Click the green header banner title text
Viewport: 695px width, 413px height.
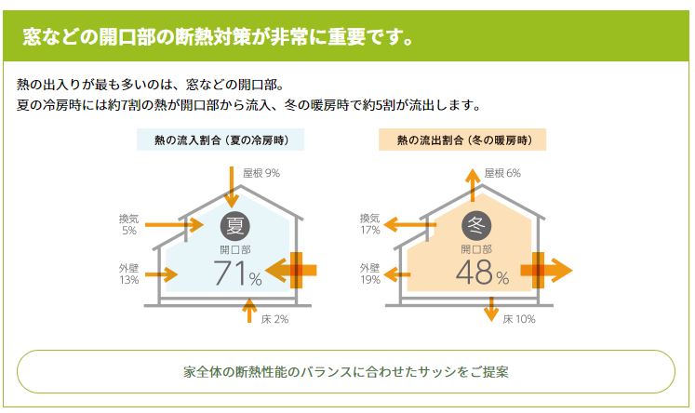click(218, 38)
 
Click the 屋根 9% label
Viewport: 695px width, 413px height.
click(261, 173)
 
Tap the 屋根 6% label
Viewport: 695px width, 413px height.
click(502, 173)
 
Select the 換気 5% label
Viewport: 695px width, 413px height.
click(128, 223)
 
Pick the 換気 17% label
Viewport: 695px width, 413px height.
click(369, 223)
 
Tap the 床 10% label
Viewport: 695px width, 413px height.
click(519, 319)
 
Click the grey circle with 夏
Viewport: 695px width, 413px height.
click(234, 225)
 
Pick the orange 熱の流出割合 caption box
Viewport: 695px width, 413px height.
click(461, 140)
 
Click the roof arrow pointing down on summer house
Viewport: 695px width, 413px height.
click(232, 186)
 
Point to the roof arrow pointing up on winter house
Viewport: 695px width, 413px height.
click(474, 183)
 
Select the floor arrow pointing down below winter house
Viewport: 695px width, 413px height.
click(490, 307)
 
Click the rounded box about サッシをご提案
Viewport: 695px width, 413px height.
click(346, 371)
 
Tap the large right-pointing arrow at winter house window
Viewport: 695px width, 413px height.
click(548, 271)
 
